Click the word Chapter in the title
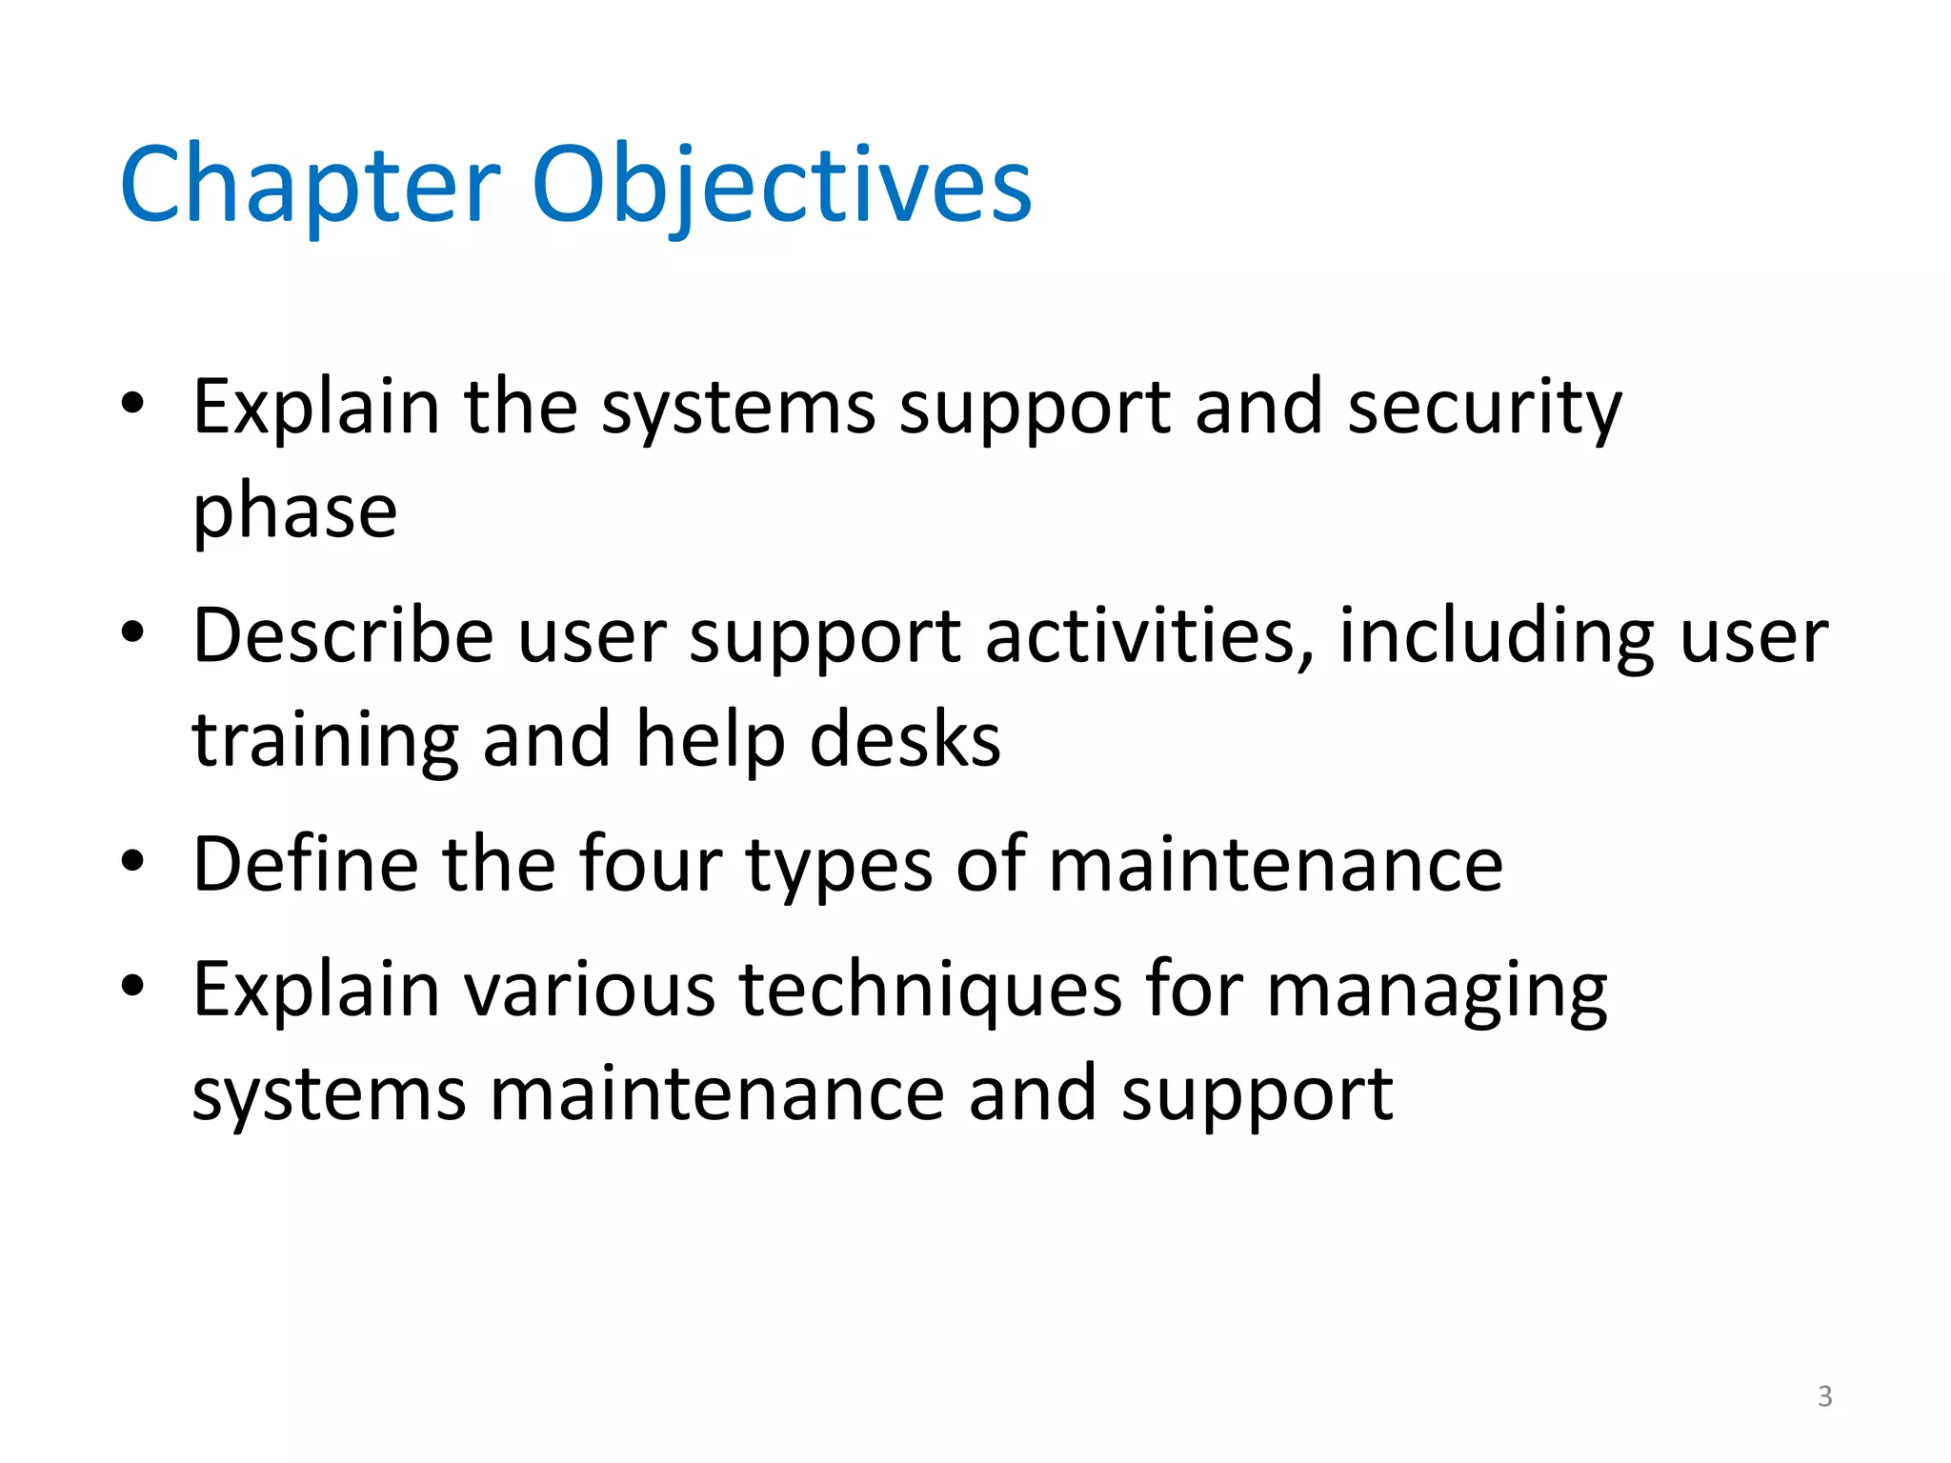pos(310,185)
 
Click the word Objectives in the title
pos(781,185)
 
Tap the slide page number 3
pos(1824,1396)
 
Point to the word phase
pos(294,511)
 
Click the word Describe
pos(343,635)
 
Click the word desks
pos(905,740)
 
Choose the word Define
pos(305,864)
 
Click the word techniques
pos(931,991)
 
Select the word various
pos(590,991)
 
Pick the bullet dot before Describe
pos(132,632)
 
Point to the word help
pos(711,740)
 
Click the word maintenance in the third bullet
pos(1276,864)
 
